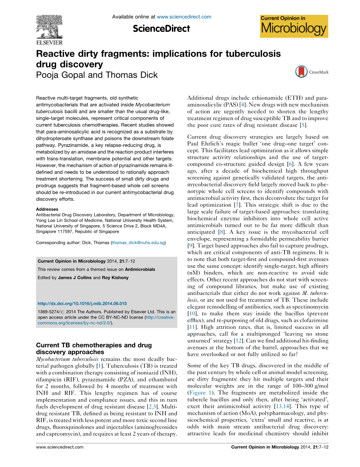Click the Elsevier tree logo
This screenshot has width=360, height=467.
[49, 27]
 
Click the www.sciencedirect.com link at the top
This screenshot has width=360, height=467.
[184, 17]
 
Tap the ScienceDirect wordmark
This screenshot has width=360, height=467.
[161, 29]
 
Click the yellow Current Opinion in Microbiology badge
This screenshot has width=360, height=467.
[294, 26]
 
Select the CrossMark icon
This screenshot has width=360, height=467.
[301, 72]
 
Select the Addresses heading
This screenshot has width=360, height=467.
[47, 209]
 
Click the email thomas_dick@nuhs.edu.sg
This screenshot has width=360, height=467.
[138, 243]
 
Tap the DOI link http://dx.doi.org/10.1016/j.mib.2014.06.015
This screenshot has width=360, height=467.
[82, 303]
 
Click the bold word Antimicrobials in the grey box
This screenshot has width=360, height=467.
[140, 269]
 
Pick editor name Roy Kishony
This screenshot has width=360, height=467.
[115, 278]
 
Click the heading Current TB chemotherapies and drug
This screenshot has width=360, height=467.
[94, 345]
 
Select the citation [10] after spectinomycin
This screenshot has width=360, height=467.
[192, 314]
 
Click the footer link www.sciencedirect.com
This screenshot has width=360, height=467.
[60, 447]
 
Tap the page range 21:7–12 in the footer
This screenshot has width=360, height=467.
[320, 447]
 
